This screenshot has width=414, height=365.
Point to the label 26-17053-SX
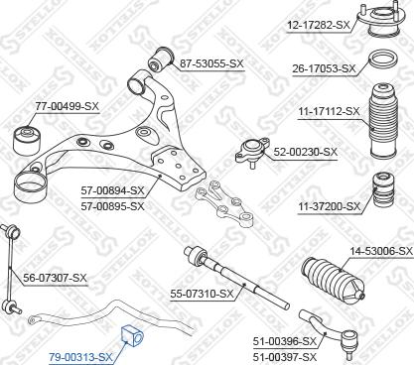click(322, 68)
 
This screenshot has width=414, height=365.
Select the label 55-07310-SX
click(201, 294)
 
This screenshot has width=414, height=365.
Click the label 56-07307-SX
click(56, 278)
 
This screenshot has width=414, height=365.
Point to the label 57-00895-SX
click(111, 205)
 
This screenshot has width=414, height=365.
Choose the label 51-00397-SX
click(284, 356)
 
